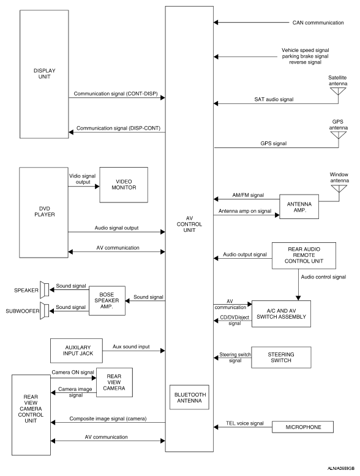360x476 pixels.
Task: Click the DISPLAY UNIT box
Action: point(44,74)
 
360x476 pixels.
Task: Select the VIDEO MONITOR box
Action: point(124,185)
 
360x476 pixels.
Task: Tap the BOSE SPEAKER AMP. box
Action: point(107,300)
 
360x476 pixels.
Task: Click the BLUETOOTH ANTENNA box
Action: point(189,397)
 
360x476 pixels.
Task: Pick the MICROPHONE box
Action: point(302,427)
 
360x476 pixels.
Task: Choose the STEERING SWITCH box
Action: point(281,357)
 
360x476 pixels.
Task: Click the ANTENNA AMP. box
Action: point(299,207)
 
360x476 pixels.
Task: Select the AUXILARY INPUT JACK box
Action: point(77,351)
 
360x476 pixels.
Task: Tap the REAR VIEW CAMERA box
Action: point(114,382)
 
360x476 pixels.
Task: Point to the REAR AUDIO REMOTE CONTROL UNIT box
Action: point(304,255)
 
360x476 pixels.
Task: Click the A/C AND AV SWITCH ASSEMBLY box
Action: point(281,314)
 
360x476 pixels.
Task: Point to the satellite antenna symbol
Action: point(338,91)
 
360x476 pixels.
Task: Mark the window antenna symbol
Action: point(339,189)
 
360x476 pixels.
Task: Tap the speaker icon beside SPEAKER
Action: point(44,289)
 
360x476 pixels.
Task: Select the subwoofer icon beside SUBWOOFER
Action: point(44,311)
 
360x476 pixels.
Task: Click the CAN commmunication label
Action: point(318,23)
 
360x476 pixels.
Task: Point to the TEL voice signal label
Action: point(244,423)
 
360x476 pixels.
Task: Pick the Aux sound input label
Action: point(131,346)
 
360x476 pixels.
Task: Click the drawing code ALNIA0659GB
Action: point(341,469)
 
